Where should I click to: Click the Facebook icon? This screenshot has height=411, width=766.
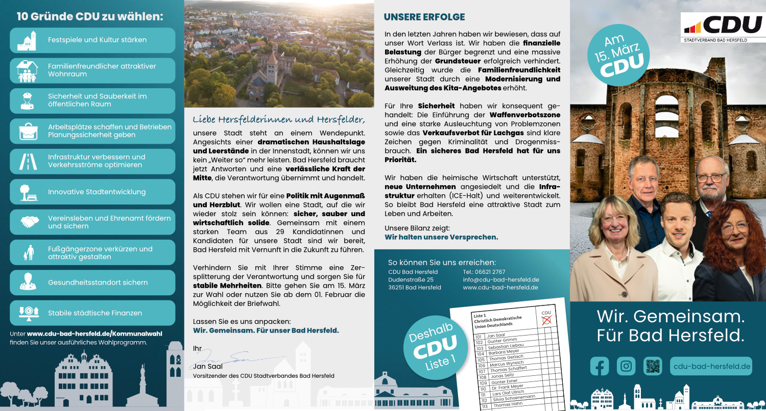(600, 366)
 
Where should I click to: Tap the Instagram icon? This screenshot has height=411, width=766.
(626, 366)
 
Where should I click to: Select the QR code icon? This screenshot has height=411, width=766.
(653, 366)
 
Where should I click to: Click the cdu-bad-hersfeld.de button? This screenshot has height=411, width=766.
(711, 366)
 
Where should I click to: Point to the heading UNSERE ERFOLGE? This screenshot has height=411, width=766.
(424, 17)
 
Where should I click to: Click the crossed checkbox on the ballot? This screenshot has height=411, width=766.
(546, 320)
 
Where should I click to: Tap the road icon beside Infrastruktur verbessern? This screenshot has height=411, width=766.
(28, 161)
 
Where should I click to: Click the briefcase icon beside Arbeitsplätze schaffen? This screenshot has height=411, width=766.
(28, 131)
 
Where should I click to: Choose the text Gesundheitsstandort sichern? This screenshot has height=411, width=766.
(98, 282)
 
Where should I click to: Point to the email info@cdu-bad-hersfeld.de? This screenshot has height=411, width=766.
(501, 280)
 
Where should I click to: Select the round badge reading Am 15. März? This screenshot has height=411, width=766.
(618, 56)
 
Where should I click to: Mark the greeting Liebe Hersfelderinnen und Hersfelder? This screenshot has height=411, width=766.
(279, 120)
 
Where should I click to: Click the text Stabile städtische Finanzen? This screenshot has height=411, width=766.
(95, 313)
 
